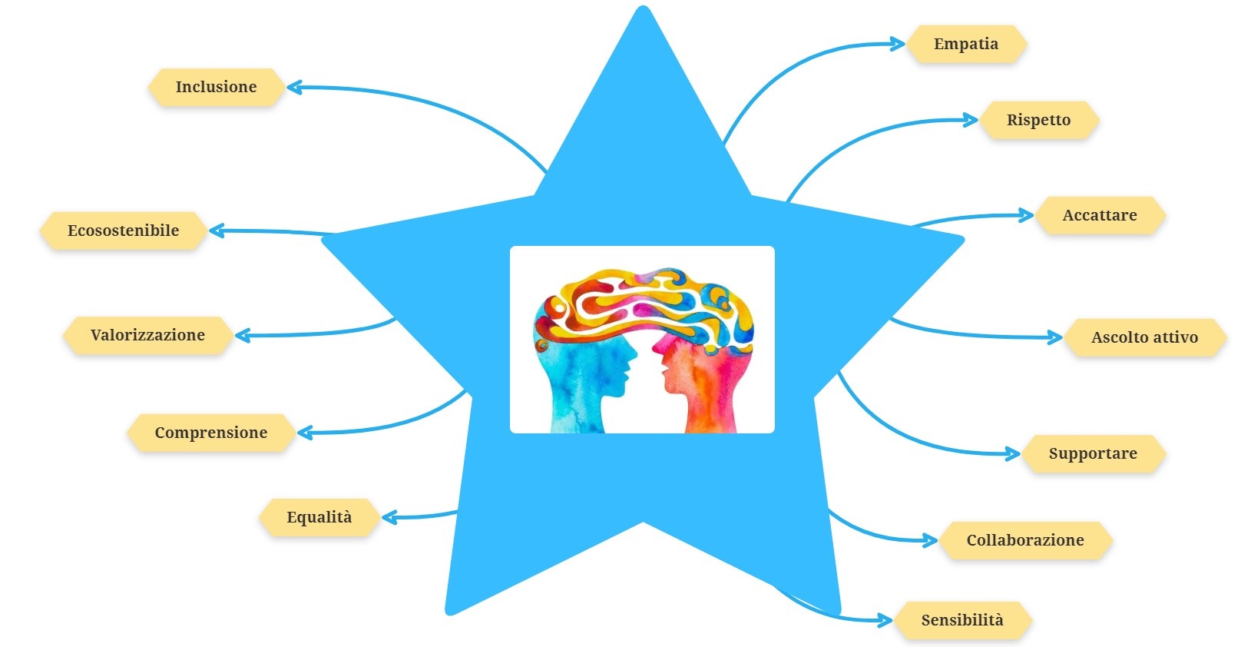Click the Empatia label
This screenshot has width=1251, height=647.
click(966, 44)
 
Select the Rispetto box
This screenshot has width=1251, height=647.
click(1038, 120)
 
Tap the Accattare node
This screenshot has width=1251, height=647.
click(1099, 215)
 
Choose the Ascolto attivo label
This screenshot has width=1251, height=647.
click(1144, 337)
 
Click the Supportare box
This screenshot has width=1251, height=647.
click(1093, 453)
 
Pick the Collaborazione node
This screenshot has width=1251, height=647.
click(1024, 540)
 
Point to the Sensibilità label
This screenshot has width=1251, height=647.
click(961, 620)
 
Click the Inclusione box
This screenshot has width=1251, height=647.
click(216, 87)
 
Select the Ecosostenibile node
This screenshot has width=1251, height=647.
click(123, 231)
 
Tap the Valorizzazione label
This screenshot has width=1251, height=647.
click(147, 335)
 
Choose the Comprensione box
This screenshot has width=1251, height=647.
click(210, 433)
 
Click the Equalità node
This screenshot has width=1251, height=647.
click(319, 517)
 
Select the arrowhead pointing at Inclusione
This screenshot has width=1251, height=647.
click(293, 88)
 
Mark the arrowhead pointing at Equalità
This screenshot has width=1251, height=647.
click(388, 517)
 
